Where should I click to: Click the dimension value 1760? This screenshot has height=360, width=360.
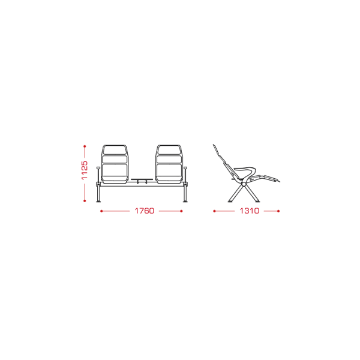(x=144, y=211)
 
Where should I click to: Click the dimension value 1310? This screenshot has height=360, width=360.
(x=250, y=211)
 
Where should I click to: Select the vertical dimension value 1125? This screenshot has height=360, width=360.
(x=85, y=170)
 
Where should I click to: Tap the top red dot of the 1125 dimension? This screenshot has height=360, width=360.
(x=85, y=146)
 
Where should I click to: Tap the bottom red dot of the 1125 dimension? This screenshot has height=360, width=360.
(x=85, y=200)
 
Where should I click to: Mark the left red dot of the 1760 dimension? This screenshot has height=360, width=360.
(x=101, y=211)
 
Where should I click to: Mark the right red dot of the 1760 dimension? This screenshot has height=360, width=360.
(x=181, y=211)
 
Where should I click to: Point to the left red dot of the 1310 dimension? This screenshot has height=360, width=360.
(x=214, y=211)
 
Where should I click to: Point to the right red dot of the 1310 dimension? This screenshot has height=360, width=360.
(x=278, y=211)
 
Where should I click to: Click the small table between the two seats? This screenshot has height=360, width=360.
(x=142, y=179)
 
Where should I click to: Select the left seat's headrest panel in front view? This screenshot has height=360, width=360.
(x=115, y=151)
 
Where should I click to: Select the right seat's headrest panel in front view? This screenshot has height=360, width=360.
(x=169, y=151)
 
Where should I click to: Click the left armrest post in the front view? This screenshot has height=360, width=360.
(x=98, y=175)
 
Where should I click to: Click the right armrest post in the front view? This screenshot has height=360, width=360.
(x=185, y=175)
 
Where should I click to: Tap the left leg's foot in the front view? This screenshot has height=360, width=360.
(x=98, y=202)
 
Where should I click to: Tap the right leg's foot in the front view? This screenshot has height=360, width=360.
(x=185, y=202)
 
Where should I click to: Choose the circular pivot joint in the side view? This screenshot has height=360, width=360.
(x=244, y=184)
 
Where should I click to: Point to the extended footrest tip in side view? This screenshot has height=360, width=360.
(x=278, y=181)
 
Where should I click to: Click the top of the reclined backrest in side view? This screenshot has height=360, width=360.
(x=214, y=146)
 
